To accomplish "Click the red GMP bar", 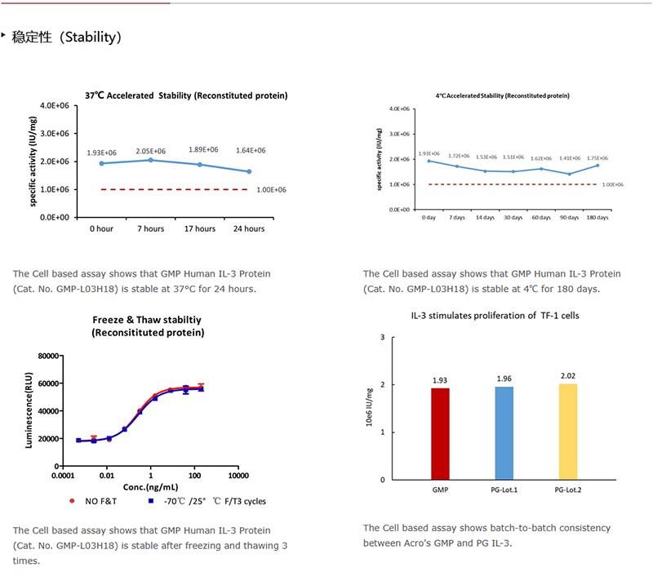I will point(440,433).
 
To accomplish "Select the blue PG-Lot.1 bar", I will point(504,432).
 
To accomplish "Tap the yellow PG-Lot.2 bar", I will point(568,431).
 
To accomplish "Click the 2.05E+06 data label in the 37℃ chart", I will point(150,151).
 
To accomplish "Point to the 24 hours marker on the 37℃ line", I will point(248,171).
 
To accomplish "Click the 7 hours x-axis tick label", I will point(150,228).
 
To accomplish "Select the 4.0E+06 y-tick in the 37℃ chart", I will point(56,105).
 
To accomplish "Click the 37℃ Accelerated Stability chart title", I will point(186,95).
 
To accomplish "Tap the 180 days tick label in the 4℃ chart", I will point(597,218).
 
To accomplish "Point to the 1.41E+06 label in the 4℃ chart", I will point(570,158).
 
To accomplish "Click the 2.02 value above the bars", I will point(568,375).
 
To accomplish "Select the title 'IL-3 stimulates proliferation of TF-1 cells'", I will point(495,315).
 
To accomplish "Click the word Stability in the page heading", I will point(91,37).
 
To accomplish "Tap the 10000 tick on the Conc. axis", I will point(238,475).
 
